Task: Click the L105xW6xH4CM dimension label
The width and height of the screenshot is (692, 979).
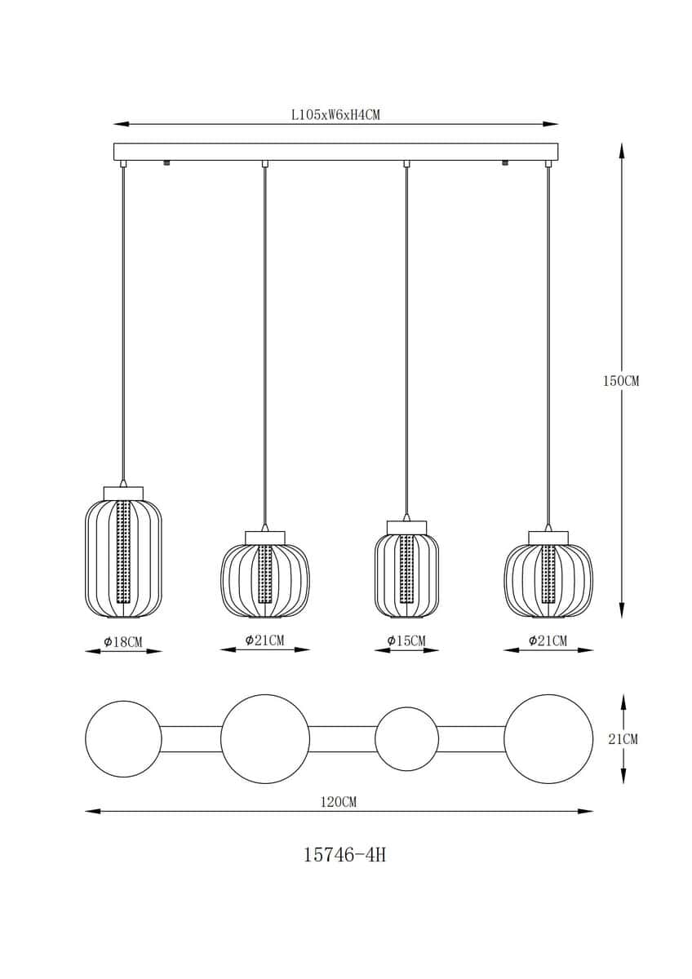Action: pyautogui.click(x=335, y=115)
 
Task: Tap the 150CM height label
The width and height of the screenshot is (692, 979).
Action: pyautogui.click(x=621, y=381)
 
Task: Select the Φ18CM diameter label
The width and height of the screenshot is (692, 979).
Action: pyautogui.click(x=123, y=641)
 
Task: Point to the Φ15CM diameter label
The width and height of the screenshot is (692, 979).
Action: pyautogui.click(x=406, y=640)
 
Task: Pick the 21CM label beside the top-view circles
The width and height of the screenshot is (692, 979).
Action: pyautogui.click(x=623, y=739)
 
